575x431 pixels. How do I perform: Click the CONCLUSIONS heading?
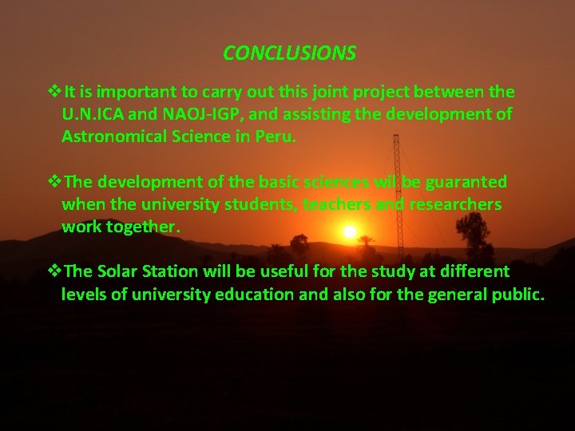click(289, 53)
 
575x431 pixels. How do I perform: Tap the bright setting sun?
click(349, 232)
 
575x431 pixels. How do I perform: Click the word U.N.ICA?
click(90, 114)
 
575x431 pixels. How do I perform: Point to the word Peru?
click(276, 136)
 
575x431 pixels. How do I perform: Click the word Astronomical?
click(116, 136)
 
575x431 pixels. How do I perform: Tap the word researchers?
click(455, 204)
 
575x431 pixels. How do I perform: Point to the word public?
click(520, 294)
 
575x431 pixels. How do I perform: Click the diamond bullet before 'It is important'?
click(55, 92)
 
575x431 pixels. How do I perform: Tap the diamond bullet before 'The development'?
click(55, 182)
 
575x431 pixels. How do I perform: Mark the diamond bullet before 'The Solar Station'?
click(55, 271)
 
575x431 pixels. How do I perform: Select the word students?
click(255, 204)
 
